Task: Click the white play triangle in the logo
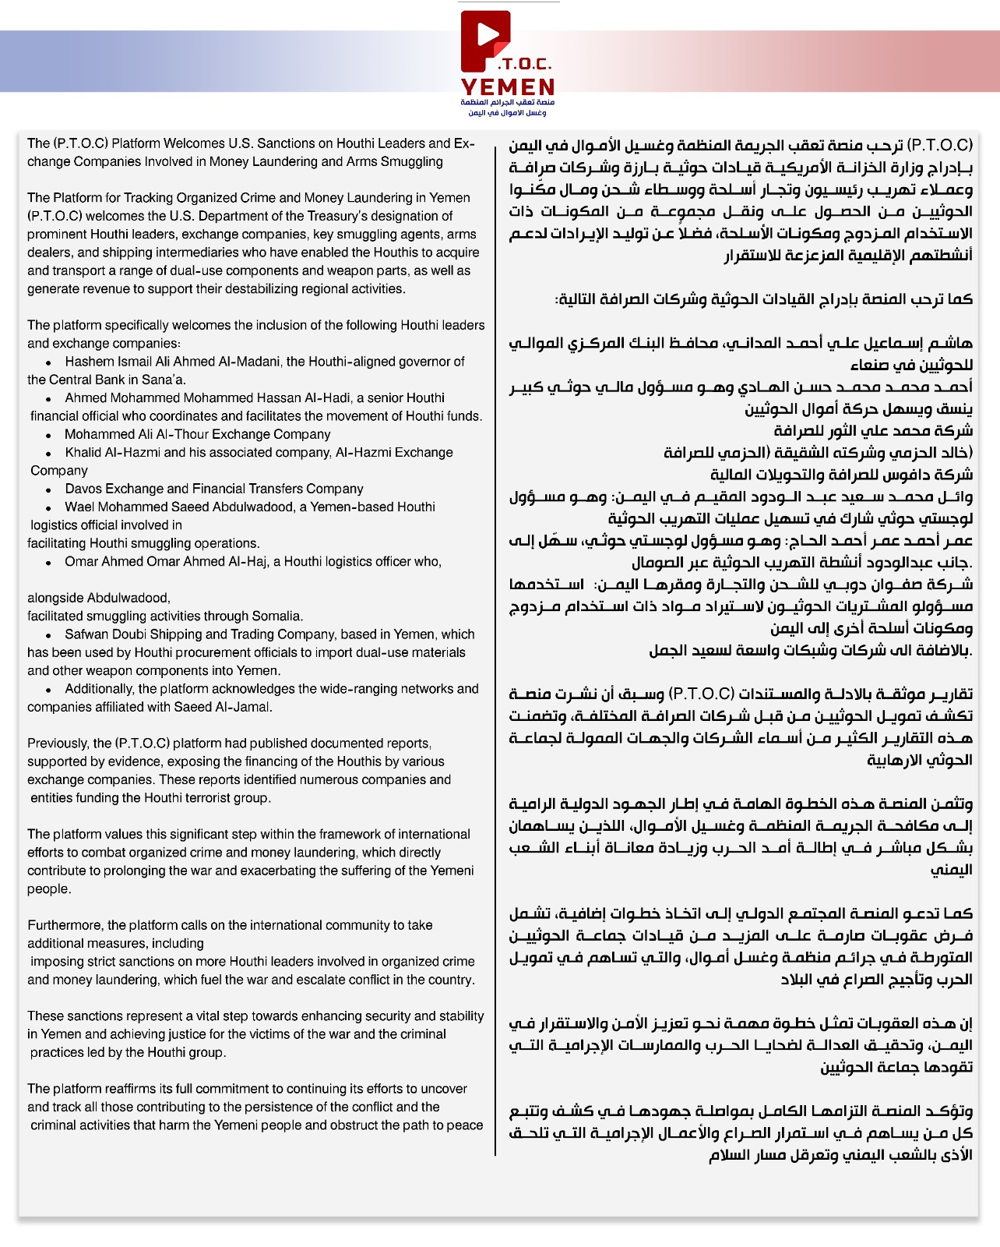(x=488, y=34)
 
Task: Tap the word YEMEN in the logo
(x=508, y=87)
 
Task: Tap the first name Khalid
(x=83, y=452)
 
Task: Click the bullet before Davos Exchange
(x=49, y=489)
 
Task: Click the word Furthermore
(x=65, y=925)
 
